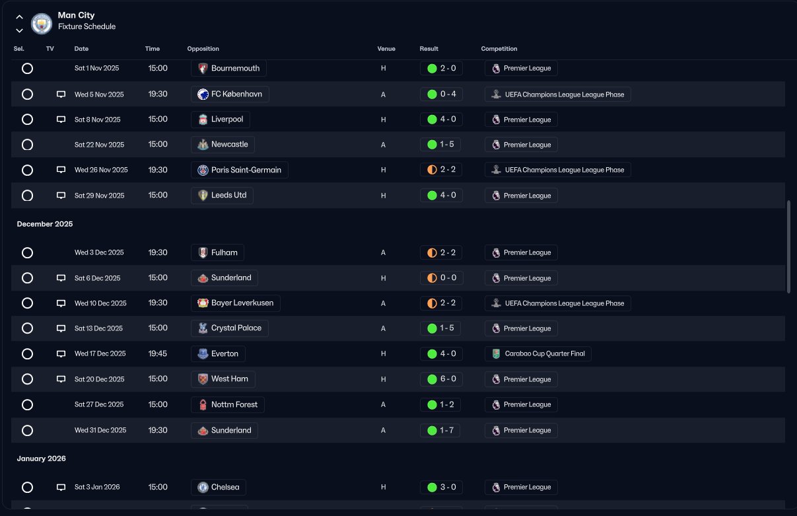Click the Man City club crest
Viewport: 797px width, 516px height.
pos(42,24)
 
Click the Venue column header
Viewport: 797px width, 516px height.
pos(386,49)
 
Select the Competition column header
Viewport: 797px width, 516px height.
pos(499,49)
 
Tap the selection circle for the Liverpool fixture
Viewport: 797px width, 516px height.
pos(27,120)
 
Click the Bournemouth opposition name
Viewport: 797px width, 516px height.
pos(235,68)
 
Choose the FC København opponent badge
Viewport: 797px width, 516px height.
pos(203,94)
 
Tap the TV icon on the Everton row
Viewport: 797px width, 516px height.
pos(61,353)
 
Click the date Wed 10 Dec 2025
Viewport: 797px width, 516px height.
pos(100,303)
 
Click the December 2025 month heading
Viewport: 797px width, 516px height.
pos(45,224)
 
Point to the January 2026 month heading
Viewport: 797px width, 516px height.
pos(42,459)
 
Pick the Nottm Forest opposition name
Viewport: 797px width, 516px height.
pos(234,404)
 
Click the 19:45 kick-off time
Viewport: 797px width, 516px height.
pos(158,353)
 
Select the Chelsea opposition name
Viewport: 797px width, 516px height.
pos(225,487)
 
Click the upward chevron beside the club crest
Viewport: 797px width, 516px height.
pos(20,17)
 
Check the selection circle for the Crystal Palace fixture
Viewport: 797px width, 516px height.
pos(27,328)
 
